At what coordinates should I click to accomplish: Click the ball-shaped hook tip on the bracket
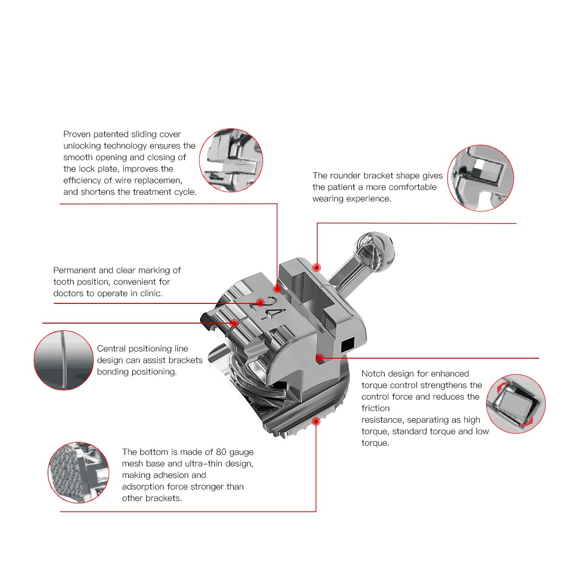pos(374,250)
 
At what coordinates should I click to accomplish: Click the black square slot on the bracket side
pos(347,344)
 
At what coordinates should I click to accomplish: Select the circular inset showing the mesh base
pos(78,473)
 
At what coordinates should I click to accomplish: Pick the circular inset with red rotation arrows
pos(515,403)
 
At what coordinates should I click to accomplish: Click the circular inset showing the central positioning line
pos(63,360)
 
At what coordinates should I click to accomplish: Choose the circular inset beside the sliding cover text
pos(231,160)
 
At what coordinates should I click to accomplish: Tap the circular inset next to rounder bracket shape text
pos(480,178)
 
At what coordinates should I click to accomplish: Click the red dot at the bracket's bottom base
pos(316,421)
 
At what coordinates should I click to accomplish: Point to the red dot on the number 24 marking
pos(260,302)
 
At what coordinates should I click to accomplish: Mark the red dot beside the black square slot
pos(319,358)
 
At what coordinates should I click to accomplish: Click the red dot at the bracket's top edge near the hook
pos(316,267)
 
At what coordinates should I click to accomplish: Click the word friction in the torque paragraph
pos(376,408)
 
